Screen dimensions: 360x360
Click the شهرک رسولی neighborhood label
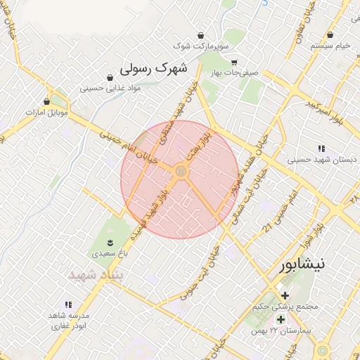pos(154,68)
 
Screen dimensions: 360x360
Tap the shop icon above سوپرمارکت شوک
pos(202,34)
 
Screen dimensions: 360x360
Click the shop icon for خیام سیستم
pos(330,34)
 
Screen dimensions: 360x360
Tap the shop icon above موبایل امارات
pos(47,101)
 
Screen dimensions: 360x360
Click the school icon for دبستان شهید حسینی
pos(322,148)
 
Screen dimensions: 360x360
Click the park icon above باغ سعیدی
pos(107,239)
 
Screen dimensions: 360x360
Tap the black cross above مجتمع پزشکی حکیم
pos(285,295)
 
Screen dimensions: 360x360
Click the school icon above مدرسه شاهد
pos(69,304)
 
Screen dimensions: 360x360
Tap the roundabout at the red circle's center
pos(181,172)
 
